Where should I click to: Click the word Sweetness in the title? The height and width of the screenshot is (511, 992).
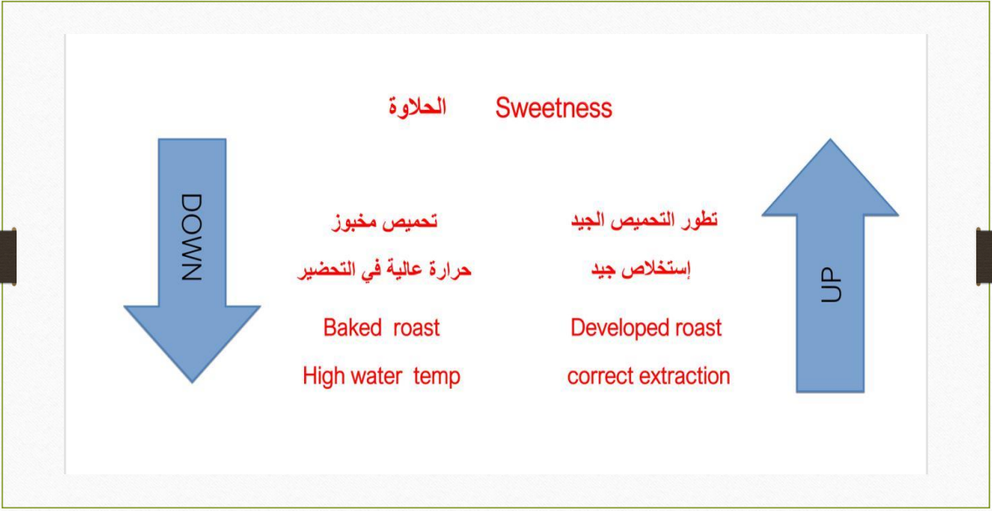(553, 108)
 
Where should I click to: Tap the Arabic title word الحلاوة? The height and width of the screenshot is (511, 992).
(417, 107)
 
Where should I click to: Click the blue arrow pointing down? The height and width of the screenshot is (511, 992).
(191, 260)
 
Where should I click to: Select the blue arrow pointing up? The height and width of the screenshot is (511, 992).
(829, 266)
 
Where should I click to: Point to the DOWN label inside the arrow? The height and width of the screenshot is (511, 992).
(191, 238)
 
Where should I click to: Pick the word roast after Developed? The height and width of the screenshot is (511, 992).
(697, 328)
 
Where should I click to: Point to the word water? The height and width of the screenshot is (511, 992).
(374, 377)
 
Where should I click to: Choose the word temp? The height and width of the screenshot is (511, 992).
(436, 377)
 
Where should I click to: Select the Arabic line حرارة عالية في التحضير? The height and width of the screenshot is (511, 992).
(385, 271)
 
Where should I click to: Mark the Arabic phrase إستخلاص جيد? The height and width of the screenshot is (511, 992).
(641, 270)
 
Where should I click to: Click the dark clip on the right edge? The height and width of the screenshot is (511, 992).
(984, 256)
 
